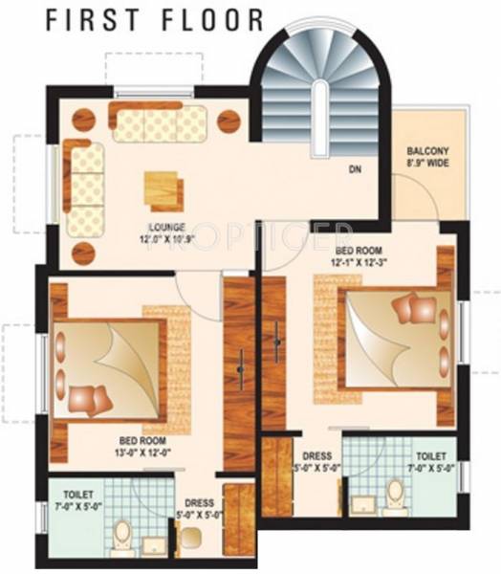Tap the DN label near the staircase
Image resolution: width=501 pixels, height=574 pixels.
pos(355,171)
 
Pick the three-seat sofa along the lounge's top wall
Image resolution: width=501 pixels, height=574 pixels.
pos(160,124)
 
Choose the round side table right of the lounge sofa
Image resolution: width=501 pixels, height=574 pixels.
pos(229,121)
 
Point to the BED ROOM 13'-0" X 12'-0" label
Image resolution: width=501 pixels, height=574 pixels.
pos(143,447)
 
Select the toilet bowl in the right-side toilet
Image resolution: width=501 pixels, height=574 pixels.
pos(393,492)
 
